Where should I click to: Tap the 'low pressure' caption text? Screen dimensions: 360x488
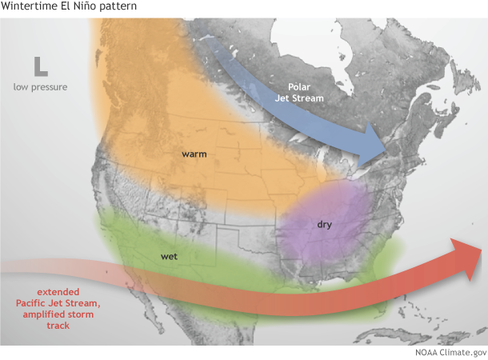coord(40,86)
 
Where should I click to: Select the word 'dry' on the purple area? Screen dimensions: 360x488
coord(324,224)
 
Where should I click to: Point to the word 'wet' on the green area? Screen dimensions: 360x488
coord(169,257)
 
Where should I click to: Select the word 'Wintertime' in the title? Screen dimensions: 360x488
coord(28,7)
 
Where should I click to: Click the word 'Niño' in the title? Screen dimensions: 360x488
coord(82,7)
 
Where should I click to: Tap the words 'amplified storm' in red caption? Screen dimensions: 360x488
coord(58,315)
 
